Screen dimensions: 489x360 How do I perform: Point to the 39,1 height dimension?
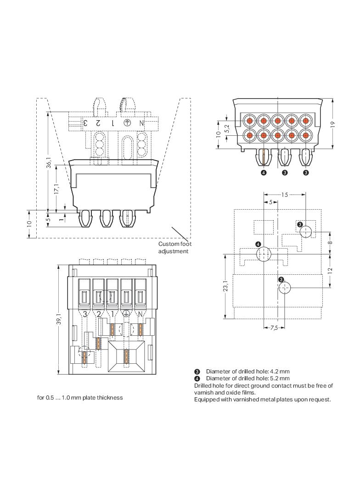[x=59, y=319]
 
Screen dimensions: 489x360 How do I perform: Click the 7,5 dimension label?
[x=274, y=328]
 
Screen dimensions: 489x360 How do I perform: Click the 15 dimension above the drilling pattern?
[x=285, y=195]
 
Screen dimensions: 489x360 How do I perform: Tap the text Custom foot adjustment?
[x=174, y=248]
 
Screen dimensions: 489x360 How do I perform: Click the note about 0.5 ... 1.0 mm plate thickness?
[x=80, y=397]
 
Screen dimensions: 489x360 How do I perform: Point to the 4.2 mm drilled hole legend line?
[x=247, y=371]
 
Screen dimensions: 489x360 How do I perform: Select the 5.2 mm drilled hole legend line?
[x=247, y=378]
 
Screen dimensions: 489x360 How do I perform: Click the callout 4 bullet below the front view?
[x=264, y=173]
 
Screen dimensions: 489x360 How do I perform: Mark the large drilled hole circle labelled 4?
[x=264, y=254]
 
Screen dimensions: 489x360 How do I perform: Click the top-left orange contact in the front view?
[x=249, y=121]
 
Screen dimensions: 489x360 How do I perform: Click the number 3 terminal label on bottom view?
[x=85, y=314]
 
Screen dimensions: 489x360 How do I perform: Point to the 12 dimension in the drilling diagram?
[x=331, y=270]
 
